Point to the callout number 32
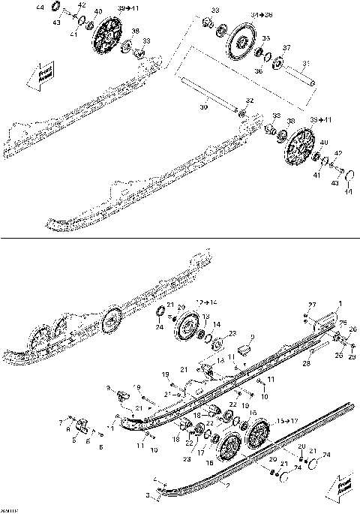coord(249,101)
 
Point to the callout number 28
coord(305,365)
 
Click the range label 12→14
coord(204,301)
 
